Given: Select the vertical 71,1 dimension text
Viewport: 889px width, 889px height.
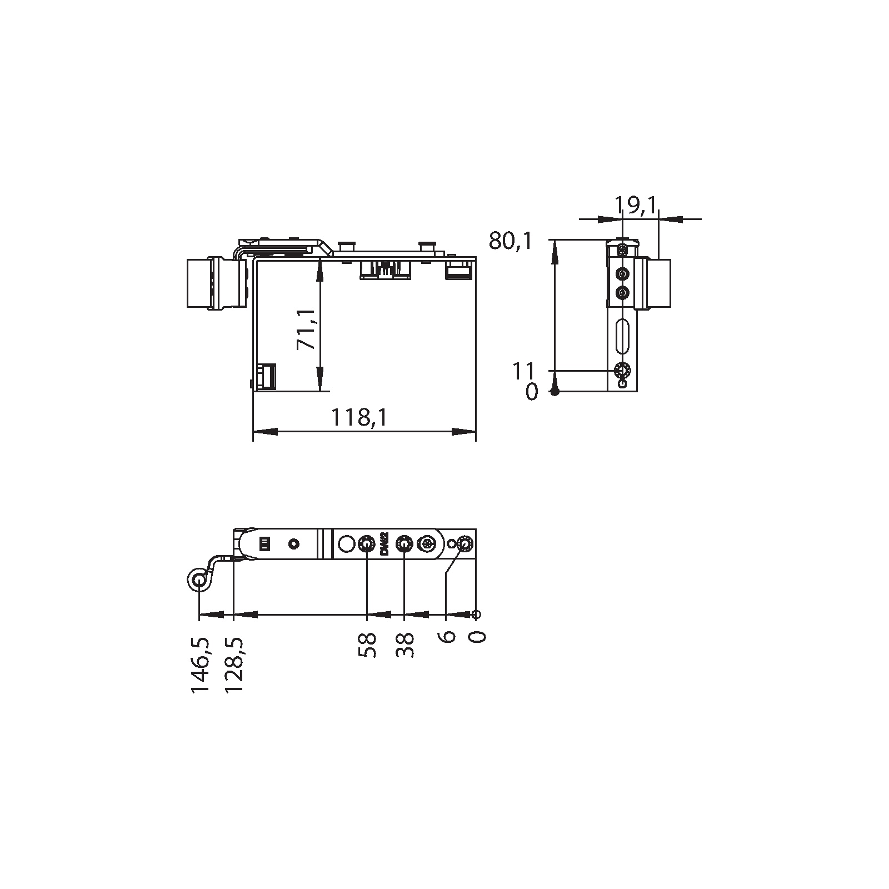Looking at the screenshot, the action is (306, 329).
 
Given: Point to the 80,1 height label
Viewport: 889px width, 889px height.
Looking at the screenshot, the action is (511, 241).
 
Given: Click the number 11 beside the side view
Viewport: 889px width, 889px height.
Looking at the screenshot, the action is (523, 370).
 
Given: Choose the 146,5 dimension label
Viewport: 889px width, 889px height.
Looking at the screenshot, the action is (200, 665).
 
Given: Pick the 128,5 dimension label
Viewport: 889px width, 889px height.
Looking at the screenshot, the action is (235, 665).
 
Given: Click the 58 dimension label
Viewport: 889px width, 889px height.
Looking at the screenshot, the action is (367, 645).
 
